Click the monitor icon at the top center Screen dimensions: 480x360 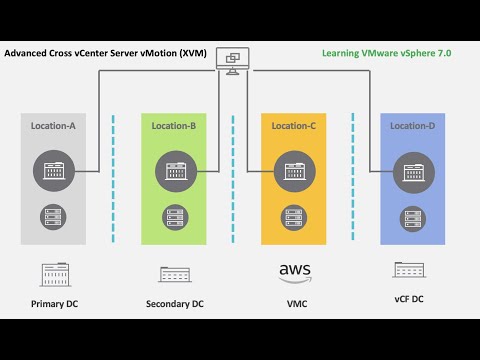[x=233, y=61]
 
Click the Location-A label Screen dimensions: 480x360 [x=53, y=126]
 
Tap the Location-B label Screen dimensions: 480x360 [x=174, y=126]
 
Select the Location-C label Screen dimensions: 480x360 [x=294, y=126]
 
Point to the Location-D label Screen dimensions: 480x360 [x=413, y=126]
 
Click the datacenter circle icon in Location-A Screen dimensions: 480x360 [x=54, y=171]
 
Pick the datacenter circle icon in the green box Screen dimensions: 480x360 [x=176, y=171]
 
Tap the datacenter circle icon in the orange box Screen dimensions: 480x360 [x=295, y=172]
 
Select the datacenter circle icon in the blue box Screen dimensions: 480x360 [x=414, y=172]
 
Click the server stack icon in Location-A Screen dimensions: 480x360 [x=53, y=217]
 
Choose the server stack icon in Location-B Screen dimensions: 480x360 [x=175, y=217]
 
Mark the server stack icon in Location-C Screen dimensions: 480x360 [x=294, y=218]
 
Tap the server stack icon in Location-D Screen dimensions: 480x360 [x=413, y=219]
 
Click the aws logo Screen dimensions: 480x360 [x=295, y=273]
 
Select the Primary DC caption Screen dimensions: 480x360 [x=54, y=304]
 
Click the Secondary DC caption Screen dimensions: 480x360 [x=175, y=304]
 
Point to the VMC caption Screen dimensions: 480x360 [x=297, y=304]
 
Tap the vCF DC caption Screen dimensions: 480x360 [x=409, y=299]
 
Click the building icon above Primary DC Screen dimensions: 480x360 [x=55, y=275]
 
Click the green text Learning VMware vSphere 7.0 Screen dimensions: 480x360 [x=387, y=53]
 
